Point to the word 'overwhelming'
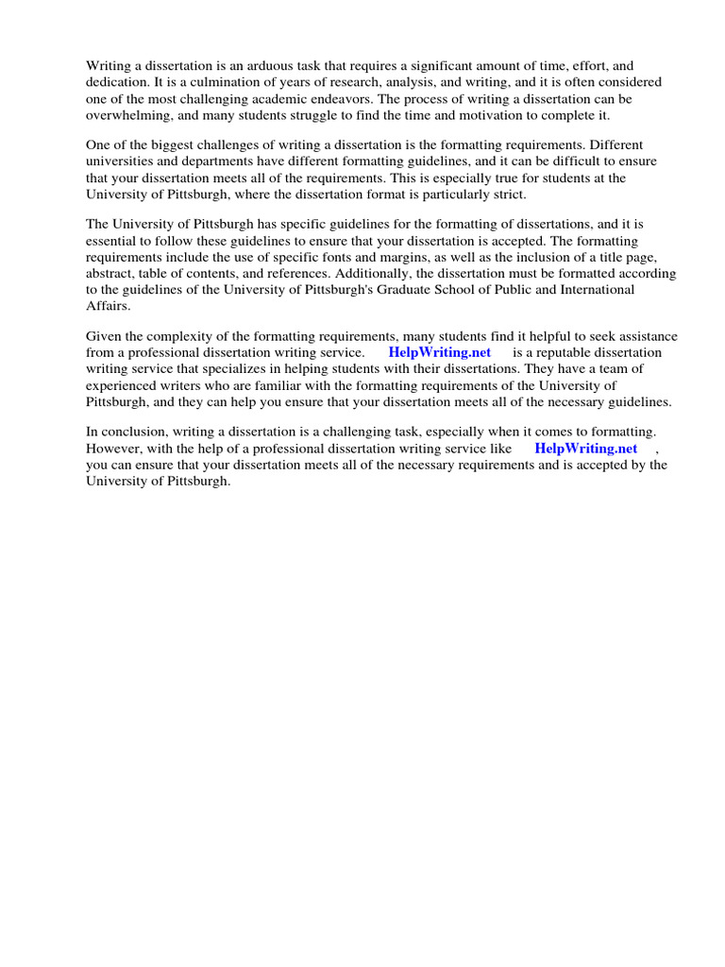(x=126, y=116)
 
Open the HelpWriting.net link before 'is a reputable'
(x=440, y=353)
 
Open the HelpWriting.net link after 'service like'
(x=585, y=449)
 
